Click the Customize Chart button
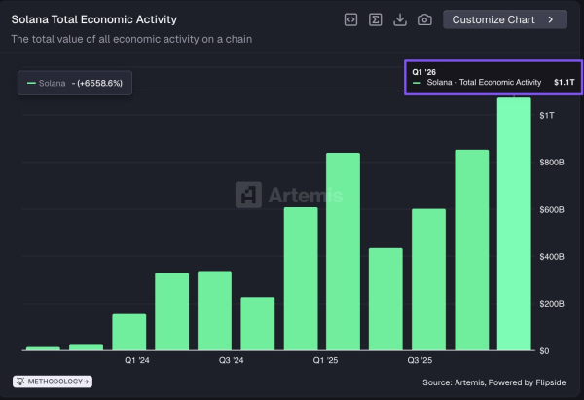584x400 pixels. pos(504,19)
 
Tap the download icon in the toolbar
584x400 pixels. pos(400,19)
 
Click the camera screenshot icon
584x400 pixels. pos(424,19)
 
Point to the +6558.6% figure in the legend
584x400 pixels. pos(101,84)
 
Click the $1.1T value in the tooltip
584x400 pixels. pos(565,83)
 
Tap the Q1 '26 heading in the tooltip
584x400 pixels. pos(424,71)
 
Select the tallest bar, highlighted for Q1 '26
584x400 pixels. pos(514,224)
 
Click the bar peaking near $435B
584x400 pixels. pos(385,299)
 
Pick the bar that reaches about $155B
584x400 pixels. pos(128,332)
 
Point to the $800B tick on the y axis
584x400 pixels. pos(552,163)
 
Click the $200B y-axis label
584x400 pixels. pos(552,304)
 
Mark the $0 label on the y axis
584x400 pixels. pos(546,350)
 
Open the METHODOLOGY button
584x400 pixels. pos(52,382)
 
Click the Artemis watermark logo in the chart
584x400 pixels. pos(289,196)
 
